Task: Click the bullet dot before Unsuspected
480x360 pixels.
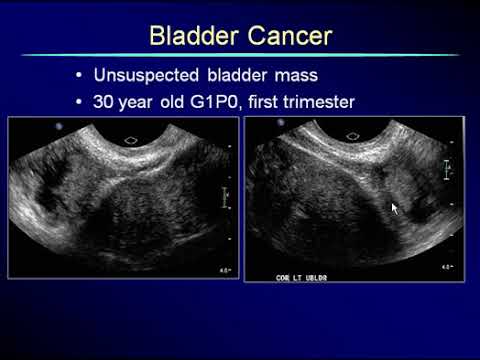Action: point(80,77)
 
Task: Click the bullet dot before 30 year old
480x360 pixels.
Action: point(80,102)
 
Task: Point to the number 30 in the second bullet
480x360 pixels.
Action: point(105,102)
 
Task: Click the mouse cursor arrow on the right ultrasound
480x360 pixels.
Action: point(394,208)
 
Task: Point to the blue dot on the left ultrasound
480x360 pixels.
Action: point(59,128)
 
